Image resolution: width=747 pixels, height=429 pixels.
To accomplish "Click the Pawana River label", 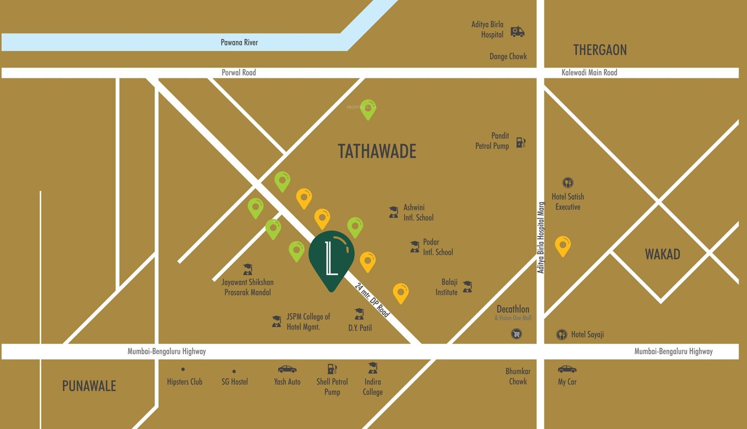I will [x=239, y=43].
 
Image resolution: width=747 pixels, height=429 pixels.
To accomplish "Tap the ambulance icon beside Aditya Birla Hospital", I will [x=517, y=32].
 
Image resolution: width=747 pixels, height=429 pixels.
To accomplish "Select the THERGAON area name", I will [x=599, y=50].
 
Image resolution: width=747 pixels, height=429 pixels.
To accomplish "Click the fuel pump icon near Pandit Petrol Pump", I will [x=521, y=142].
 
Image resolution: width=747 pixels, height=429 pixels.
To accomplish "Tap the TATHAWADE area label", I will [x=377, y=152].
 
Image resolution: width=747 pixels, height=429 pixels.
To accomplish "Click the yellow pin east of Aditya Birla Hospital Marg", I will [x=562, y=245].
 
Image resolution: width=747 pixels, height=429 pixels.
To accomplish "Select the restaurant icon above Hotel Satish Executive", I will [x=568, y=183].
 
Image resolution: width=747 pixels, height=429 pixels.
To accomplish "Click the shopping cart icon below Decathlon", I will [x=516, y=334].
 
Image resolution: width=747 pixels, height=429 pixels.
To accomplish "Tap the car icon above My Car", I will [x=567, y=369].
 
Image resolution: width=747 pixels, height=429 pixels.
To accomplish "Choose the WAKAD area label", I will [x=662, y=254].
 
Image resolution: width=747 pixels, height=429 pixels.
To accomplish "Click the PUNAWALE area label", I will [x=89, y=386].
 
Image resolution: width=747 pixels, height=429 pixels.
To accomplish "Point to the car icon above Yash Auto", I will [x=287, y=369].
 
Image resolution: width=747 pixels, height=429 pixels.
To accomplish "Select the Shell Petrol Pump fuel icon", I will [x=332, y=369].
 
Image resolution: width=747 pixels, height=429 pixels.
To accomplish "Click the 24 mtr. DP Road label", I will [x=372, y=300].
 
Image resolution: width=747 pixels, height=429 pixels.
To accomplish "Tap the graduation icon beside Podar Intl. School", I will [x=414, y=247].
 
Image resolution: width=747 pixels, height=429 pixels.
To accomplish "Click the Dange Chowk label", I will [x=508, y=56].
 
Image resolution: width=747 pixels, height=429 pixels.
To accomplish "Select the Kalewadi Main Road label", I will [x=589, y=73].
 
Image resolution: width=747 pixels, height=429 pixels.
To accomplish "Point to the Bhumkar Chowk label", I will [x=518, y=376].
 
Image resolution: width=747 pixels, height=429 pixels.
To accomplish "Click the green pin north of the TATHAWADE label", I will [x=367, y=109].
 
